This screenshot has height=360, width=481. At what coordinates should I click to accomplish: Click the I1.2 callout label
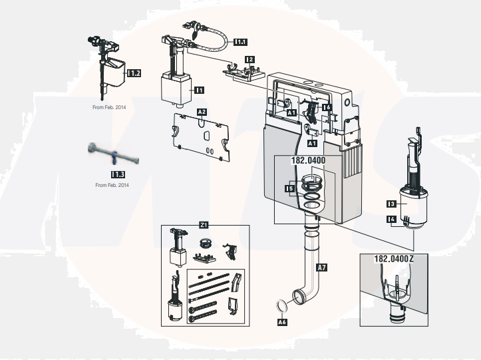click(134, 73)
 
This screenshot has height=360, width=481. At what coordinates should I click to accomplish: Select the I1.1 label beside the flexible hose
click(241, 41)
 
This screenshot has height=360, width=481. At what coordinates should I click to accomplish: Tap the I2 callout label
click(249, 59)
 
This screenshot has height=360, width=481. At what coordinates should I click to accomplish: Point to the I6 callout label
click(327, 107)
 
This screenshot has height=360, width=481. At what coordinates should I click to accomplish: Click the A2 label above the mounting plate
click(201, 112)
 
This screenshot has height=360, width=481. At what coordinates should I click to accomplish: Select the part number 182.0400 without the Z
click(309, 160)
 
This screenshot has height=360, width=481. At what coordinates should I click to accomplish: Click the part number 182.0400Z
click(394, 258)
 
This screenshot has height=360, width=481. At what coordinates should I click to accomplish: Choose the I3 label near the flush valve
click(392, 204)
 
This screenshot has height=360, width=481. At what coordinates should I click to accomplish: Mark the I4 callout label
click(392, 218)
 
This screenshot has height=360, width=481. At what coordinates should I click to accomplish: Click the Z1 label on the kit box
click(204, 226)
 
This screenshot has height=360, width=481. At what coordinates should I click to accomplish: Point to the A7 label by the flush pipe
click(321, 268)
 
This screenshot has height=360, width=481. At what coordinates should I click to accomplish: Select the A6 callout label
click(281, 322)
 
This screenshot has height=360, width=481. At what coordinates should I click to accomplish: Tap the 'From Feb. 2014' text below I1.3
click(112, 185)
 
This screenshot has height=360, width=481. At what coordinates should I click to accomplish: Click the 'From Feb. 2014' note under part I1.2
click(109, 106)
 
